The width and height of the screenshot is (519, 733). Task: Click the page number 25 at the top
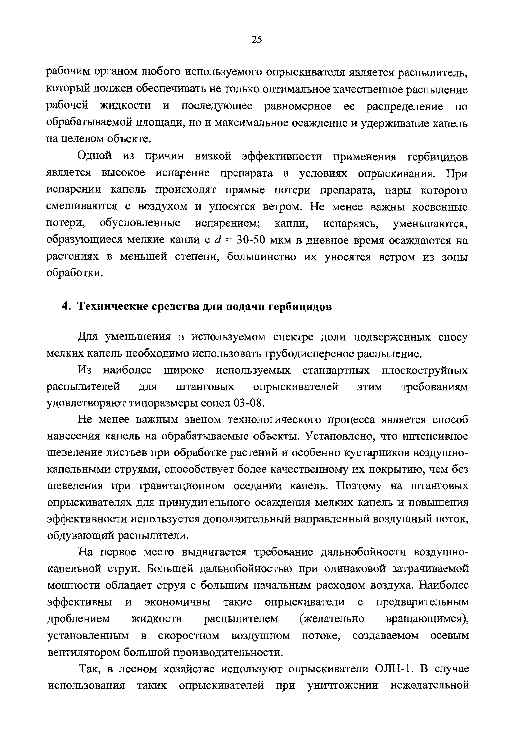point(257,40)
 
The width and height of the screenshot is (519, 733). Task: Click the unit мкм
point(281,240)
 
